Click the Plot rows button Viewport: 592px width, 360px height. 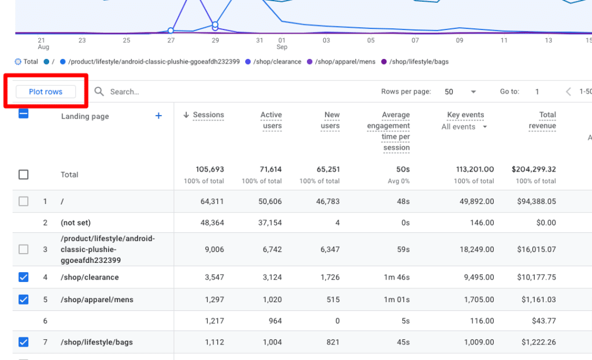46,92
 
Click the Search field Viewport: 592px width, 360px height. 173,92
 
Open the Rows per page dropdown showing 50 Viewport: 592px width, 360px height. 460,92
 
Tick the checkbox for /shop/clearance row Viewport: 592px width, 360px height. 23,277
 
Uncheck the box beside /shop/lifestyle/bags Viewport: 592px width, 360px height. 23,342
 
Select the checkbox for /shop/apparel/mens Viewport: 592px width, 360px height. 23,300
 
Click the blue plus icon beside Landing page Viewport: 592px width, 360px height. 158,116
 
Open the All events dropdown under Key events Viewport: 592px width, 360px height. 464,127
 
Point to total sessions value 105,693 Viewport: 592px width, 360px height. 210,169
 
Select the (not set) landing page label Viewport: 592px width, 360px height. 76,222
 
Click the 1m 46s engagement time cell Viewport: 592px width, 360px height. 397,277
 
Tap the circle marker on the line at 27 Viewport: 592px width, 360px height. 171,30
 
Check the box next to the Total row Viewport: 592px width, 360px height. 23,175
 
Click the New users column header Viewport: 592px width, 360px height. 331,120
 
